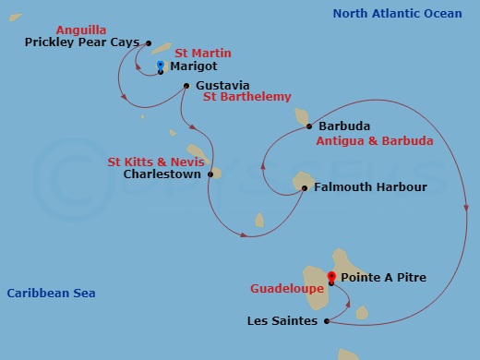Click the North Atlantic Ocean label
[397, 13]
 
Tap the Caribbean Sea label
[51, 294]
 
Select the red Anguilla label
[82, 29]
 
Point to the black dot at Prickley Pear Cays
[148, 42]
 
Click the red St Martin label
[202, 54]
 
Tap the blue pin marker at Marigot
[161, 66]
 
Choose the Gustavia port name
[222, 85]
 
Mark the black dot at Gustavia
[186, 86]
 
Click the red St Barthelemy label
[246, 97]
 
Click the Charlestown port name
[162, 174]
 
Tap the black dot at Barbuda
[309, 126]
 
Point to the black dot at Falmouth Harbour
[305, 188]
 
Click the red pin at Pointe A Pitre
[332, 275]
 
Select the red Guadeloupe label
[287, 289]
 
